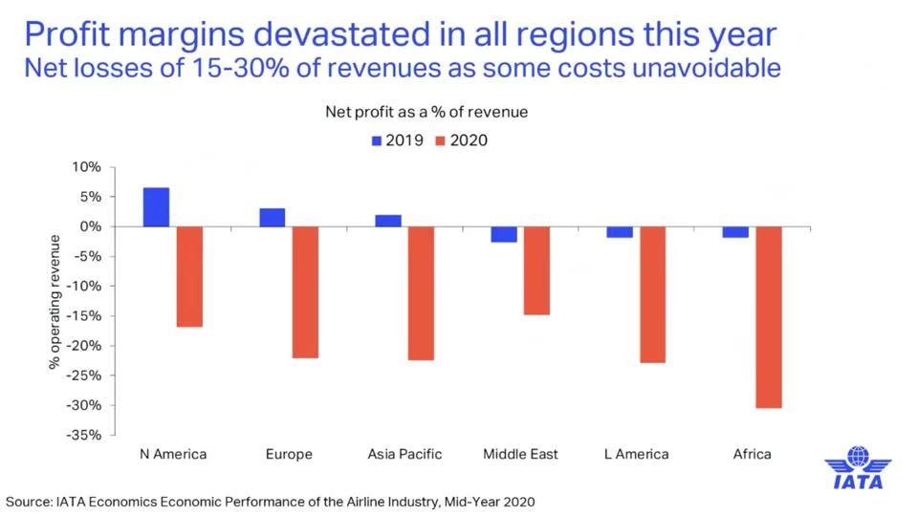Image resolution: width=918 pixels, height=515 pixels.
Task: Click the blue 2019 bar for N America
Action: click(156, 207)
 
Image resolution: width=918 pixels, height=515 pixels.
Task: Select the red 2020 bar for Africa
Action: click(768, 317)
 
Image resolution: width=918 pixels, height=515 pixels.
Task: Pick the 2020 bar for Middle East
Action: click(536, 270)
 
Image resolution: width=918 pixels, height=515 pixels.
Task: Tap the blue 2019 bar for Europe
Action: click(272, 218)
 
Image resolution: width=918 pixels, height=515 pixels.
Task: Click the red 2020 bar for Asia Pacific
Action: click(422, 293)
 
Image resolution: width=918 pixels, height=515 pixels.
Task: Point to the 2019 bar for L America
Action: click(619, 232)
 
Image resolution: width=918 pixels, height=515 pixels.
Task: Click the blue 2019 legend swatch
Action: click(377, 140)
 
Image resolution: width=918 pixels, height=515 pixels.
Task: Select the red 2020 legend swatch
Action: click(440, 140)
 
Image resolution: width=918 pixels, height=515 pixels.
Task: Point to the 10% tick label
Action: click(87, 167)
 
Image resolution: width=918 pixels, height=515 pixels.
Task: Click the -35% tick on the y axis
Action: click(84, 435)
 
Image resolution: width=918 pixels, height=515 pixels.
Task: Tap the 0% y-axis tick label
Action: click(91, 226)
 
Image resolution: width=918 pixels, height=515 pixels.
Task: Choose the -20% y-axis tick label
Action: click(84, 346)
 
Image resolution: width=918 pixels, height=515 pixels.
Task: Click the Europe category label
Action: click(289, 454)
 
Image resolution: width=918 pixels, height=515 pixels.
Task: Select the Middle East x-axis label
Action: click(521, 454)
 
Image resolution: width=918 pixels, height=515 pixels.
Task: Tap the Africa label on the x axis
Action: click(752, 454)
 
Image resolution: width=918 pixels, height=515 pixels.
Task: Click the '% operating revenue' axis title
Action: click(56, 302)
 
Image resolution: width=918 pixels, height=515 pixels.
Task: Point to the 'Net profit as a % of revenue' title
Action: click(426, 112)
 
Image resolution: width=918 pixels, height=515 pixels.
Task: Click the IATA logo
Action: click(858, 468)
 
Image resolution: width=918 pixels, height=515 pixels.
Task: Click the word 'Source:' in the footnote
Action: click(30, 501)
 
